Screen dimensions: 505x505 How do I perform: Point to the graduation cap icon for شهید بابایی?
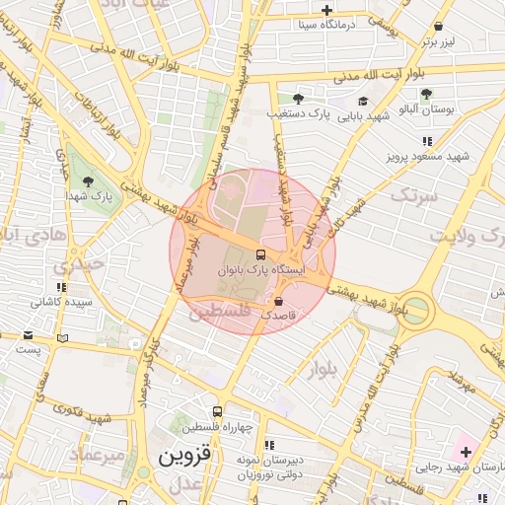point(363,101)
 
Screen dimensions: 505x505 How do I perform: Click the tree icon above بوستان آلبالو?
point(426,95)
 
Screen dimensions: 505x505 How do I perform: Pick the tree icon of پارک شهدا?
point(89,181)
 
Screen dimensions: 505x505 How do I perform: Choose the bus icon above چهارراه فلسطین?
point(217,411)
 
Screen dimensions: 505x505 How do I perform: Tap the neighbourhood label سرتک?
point(411,196)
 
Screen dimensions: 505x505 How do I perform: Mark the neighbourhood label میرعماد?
point(97,455)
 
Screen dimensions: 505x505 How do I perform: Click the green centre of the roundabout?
point(416,311)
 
